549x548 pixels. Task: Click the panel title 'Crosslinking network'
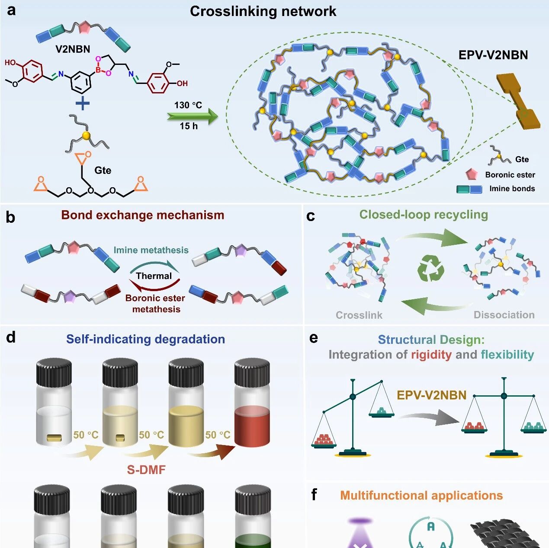pyautogui.click(x=263, y=11)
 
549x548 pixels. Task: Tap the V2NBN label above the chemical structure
pyautogui.click(x=73, y=49)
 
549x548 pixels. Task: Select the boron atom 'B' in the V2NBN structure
pyautogui.click(x=98, y=69)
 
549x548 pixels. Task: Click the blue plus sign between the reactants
pyautogui.click(x=83, y=103)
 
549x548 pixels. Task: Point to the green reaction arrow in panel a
pyautogui.click(x=193, y=115)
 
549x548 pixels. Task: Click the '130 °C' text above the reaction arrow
pyautogui.click(x=188, y=105)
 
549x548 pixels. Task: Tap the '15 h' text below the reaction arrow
pyautogui.click(x=188, y=126)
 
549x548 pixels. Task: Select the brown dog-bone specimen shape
pyautogui.click(x=518, y=101)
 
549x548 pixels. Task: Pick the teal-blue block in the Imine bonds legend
pyautogui.click(x=469, y=189)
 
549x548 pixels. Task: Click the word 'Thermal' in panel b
pyautogui.click(x=154, y=276)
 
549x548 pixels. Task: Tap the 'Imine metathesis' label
pyautogui.click(x=151, y=250)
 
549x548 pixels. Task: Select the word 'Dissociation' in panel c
pyautogui.click(x=504, y=314)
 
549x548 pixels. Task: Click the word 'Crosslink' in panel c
pyautogui.click(x=359, y=315)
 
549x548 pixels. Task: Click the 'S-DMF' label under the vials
pyautogui.click(x=146, y=470)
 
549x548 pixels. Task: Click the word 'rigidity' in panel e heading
pyautogui.click(x=431, y=355)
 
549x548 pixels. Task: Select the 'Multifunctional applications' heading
pyautogui.click(x=421, y=496)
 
